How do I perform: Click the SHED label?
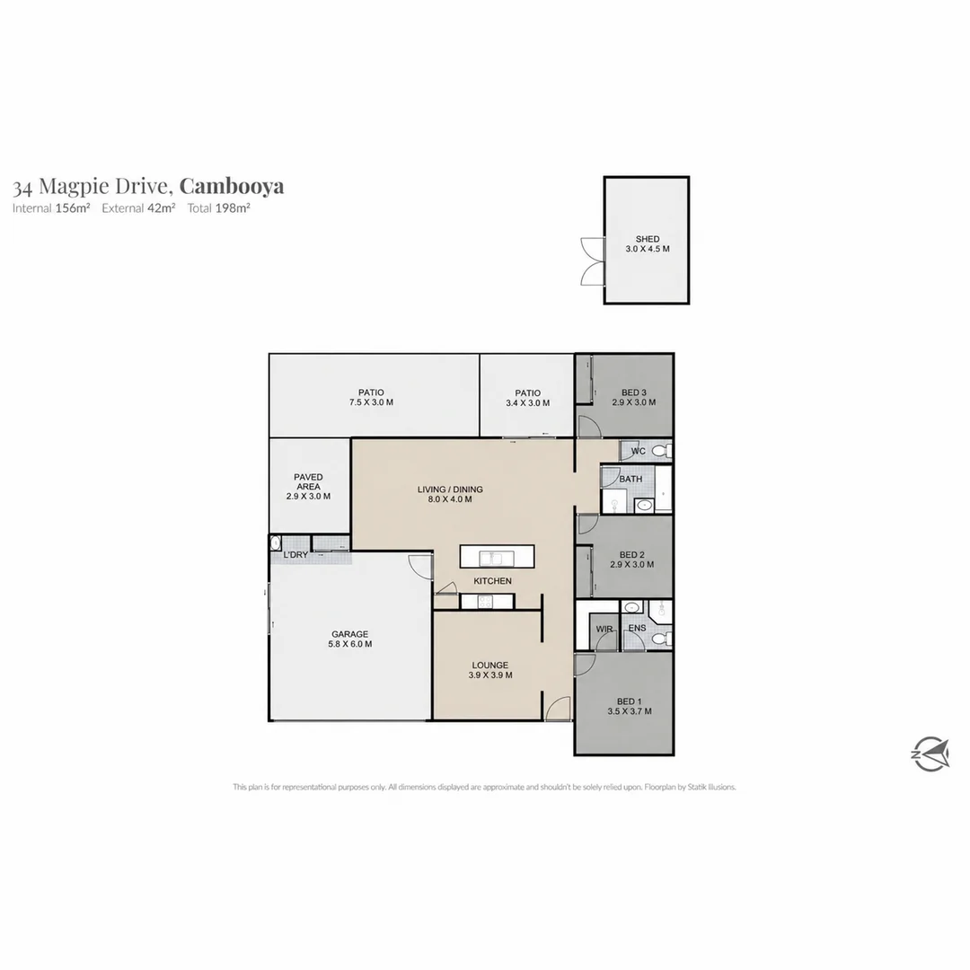[x=647, y=239]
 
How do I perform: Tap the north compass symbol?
[x=930, y=754]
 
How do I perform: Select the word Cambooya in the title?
[x=232, y=186]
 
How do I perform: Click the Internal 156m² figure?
[x=51, y=207]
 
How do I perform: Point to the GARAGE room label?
[x=349, y=634]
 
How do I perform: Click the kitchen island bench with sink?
[x=497, y=556]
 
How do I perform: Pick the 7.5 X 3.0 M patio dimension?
[x=371, y=402]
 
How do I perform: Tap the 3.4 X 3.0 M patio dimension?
[x=528, y=402]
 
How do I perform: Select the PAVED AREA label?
[x=308, y=482]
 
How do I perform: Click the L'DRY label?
[x=295, y=555]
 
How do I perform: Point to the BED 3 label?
[x=634, y=392]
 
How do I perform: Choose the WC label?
[x=639, y=451]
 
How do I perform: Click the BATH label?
[x=630, y=479]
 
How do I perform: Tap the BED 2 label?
[x=632, y=555]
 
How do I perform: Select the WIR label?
[x=604, y=629]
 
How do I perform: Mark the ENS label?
[x=637, y=628]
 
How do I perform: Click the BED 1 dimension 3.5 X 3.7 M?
[x=629, y=711]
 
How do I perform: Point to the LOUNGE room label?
[x=490, y=666]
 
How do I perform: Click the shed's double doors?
[x=592, y=261]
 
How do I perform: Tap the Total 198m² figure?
[x=219, y=207]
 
